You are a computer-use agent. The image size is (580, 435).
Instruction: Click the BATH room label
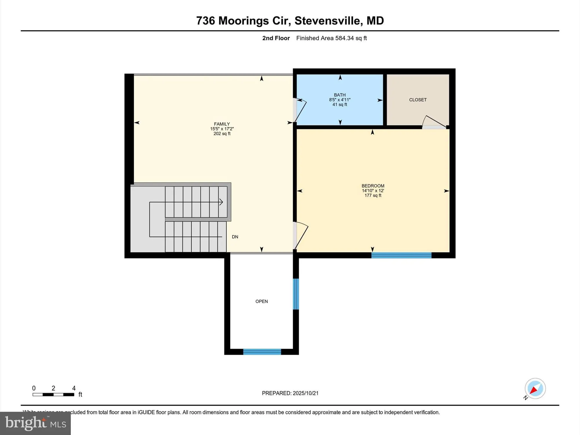tap(340, 95)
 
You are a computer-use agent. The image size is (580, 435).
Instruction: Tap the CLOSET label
tap(418, 100)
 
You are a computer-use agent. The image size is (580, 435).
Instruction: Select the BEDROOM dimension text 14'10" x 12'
tap(373, 191)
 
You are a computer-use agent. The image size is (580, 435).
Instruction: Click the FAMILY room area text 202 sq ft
tap(222, 134)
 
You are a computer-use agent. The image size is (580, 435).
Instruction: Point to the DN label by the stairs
tap(235, 237)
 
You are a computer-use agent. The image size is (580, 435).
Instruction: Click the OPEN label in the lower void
tap(261, 301)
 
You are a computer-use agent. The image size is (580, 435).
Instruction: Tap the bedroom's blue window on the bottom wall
tap(401, 255)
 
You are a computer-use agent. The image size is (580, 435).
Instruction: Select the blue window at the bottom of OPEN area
tap(262, 352)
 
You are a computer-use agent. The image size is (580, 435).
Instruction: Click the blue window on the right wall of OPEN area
tap(296, 294)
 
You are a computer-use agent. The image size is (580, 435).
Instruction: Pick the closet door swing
tap(433, 122)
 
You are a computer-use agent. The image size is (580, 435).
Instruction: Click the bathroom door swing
tap(300, 110)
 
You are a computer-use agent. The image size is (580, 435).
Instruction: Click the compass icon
tap(535, 389)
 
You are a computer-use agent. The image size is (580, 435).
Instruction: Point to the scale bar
tap(53, 394)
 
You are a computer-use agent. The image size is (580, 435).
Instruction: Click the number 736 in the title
tap(205, 21)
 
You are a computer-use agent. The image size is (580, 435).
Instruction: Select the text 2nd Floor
tap(276, 38)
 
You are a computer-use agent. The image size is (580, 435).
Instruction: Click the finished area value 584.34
tap(345, 38)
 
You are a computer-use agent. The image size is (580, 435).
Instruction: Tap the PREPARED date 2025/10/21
tap(305, 393)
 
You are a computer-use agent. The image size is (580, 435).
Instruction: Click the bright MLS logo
tap(35, 423)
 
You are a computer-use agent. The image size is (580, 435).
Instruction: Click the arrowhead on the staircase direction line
tap(221, 202)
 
